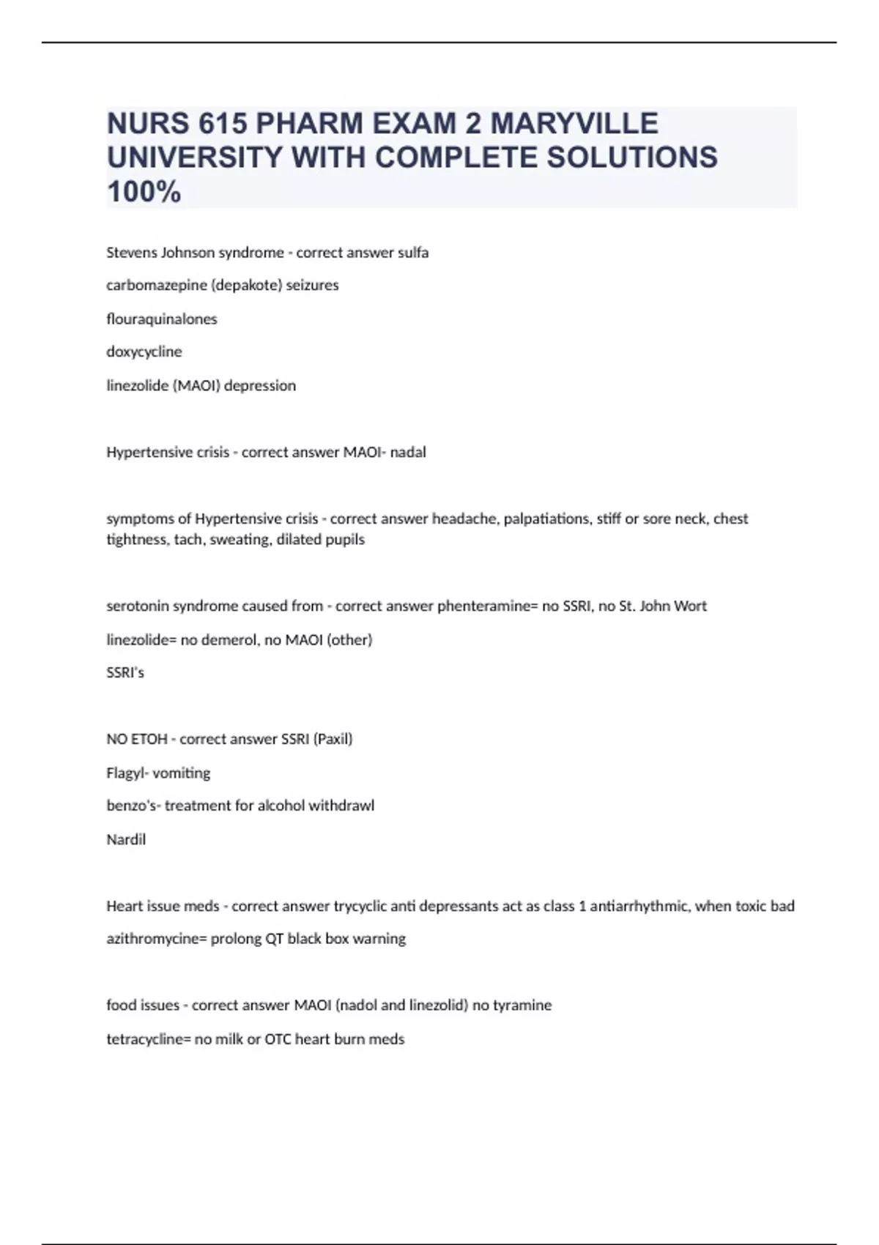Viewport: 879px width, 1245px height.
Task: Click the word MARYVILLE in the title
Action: point(574,123)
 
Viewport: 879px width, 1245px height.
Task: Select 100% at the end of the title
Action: point(144,192)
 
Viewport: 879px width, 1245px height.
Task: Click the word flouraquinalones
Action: point(162,319)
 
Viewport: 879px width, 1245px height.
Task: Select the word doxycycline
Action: point(144,352)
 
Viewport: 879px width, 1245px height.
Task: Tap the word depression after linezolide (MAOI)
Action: point(260,385)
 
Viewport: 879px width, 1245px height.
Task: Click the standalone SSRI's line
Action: point(125,672)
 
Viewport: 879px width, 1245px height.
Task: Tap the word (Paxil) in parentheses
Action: point(333,739)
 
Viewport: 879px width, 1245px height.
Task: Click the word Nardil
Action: point(126,839)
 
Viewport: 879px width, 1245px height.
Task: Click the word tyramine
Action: point(522,1005)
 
